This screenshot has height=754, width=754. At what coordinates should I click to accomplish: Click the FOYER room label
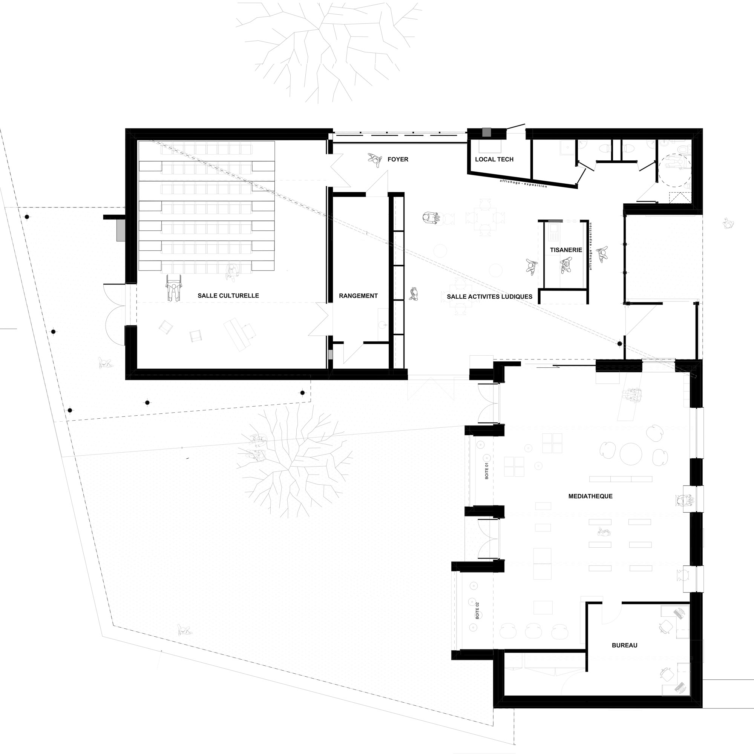click(398, 159)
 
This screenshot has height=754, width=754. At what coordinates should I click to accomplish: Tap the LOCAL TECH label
click(494, 159)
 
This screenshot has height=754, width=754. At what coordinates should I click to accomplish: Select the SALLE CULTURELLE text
click(228, 296)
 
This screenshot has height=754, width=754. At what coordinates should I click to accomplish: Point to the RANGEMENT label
click(358, 296)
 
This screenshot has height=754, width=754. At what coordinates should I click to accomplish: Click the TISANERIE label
click(566, 250)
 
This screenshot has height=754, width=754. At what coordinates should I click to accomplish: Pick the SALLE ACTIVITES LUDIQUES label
click(489, 297)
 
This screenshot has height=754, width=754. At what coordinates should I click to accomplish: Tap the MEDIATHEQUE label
click(590, 496)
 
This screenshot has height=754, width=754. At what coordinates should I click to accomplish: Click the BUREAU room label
click(624, 645)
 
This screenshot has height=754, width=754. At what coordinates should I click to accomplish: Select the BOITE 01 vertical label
click(487, 471)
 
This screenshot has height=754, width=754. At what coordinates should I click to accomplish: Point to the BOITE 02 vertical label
click(477, 611)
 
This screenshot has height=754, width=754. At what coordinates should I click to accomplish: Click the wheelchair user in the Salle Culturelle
click(174, 288)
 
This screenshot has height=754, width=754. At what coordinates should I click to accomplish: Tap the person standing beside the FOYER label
click(375, 160)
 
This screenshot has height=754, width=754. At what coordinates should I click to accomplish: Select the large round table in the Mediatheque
click(631, 454)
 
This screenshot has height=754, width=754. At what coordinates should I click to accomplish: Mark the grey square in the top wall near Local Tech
click(487, 132)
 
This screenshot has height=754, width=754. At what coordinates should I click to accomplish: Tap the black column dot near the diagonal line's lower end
click(619, 344)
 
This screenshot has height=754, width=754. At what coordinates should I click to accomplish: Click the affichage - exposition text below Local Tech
click(523, 184)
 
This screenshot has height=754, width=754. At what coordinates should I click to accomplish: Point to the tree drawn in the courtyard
click(295, 461)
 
